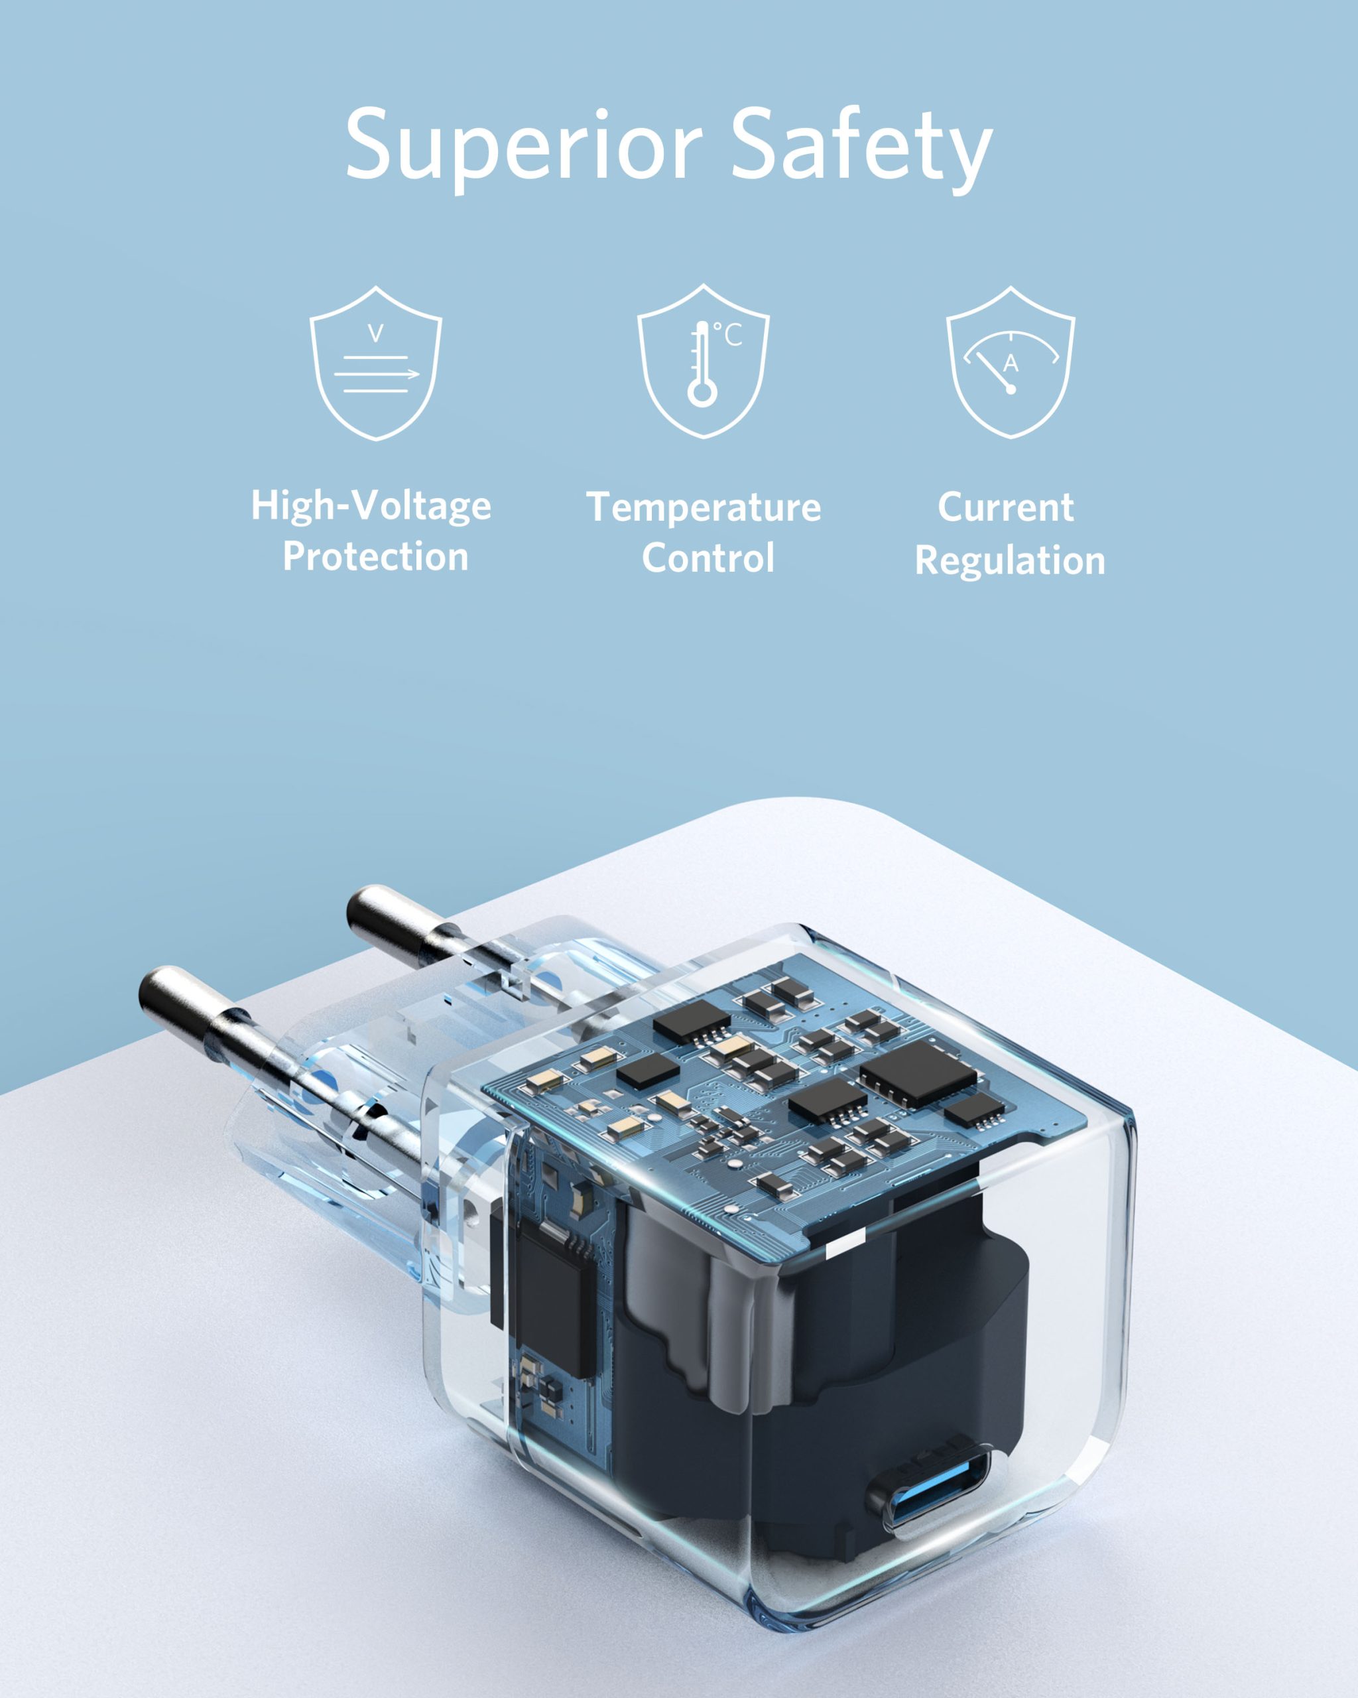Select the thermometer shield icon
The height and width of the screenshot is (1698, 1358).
pyautogui.click(x=703, y=361)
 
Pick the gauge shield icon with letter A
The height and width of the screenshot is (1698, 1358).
pyautogui.click(x=1010, y=362)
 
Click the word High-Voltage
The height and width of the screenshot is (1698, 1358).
pyautogui.click(x=371, y=505)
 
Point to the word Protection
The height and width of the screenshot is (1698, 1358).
pyautogui.click(x=375, y=556)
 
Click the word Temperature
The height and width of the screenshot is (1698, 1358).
pyautogui.click(x=704, y=507)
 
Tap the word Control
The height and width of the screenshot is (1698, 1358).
pyautogui.click(x=708, y=558)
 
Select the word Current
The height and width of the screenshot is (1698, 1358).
pyautogui.click(x=1005, y=507)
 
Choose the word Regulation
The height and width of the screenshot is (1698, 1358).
pyautogui.click(x=1010, y=560)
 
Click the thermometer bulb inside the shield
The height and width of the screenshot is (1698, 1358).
pyautogui.click(x=702, y=391)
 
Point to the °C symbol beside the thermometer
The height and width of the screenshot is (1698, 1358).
pyautogui.click(x=728, y=335)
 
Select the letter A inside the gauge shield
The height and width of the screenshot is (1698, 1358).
pyautogui.click(x=1011, y=363)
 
